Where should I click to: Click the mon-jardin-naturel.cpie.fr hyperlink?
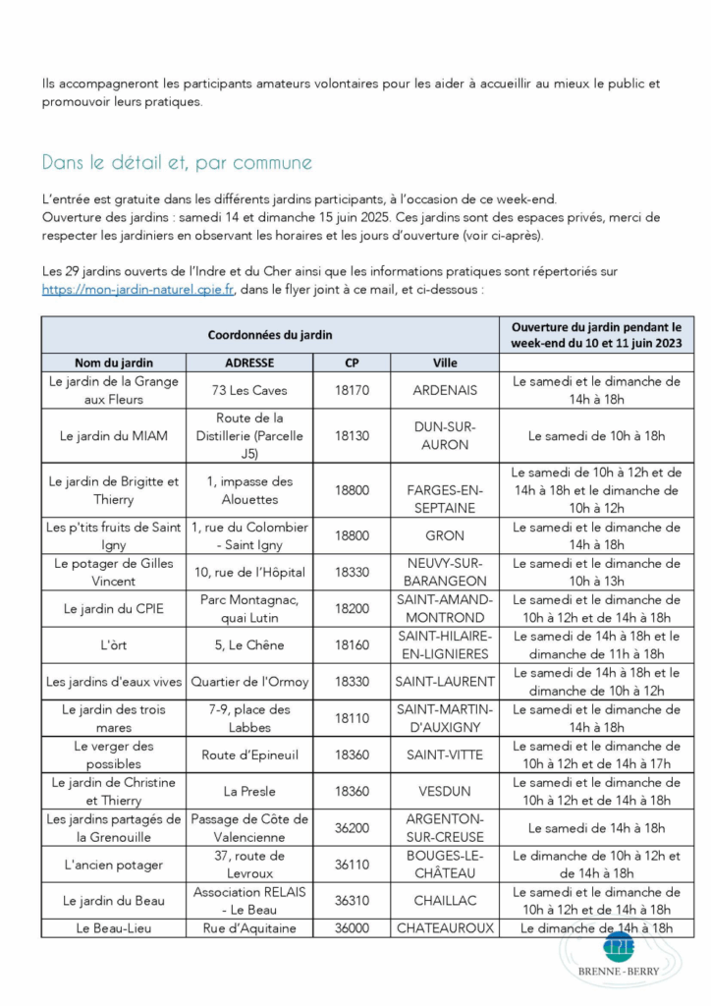pyautogui.click(x=137, y=290)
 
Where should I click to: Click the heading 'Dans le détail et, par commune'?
pyautogui.click(x=177, y=162)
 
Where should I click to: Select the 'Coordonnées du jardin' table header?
pyautogui.click(x=270, y=335)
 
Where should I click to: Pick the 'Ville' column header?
pyautogui.click(x=445, y=363)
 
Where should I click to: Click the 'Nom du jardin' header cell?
pyautogui.click(x=114, y=363)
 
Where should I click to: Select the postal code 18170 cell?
pyautogui.click(x=352, y=390)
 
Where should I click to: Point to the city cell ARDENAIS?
pyautogui.click(x=445, y=390)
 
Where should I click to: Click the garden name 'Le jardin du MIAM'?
pyautogui.click(x=114, y=435)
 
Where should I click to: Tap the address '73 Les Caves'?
pyautogui.click(x=249, y=390)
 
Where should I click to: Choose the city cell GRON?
pyautogui.click(x=445, y=536)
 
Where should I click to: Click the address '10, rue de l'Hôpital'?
pyautogui.click(x=249, y=573)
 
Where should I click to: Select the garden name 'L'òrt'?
pyautogui.click(x=114, y=645)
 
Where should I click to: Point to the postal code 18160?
pyautogui.click(x=352, y=645)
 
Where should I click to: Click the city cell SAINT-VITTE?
pyautogui.click(x=445, y=754)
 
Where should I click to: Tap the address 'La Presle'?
pyautogui.click(x=249, y=791)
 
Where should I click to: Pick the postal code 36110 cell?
pyautogui.click(x=352, y=865)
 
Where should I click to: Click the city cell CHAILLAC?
pyautogui.click(x=445, y=901)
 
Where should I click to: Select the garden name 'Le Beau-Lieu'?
pyautogui.click(x=114, y=927)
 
